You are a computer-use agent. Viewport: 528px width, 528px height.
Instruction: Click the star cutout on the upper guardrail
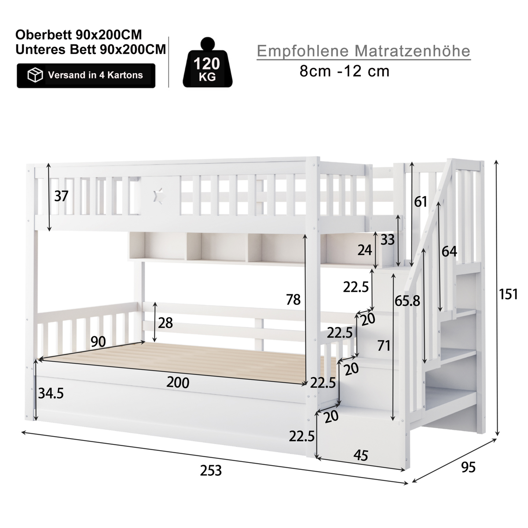click(159, 196)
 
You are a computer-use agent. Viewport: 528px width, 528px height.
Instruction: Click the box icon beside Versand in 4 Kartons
click(35, 75)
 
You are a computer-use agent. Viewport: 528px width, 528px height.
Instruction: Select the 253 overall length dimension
click(211, 471)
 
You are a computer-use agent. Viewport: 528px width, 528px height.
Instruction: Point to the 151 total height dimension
click(508, 294)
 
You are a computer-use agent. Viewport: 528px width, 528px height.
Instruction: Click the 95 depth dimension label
click(468, 467)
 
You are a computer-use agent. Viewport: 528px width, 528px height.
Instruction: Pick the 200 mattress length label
click(178, 382)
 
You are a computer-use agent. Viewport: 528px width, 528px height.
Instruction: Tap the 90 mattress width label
click(98, 341)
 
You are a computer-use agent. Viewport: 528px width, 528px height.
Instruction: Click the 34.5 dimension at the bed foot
click(51, 393)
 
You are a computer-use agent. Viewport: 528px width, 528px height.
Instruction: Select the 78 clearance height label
click(293, 300)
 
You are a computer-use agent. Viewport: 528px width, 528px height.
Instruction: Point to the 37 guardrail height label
click(61, 196)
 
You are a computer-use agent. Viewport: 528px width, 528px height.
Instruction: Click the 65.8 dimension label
click(407, 301)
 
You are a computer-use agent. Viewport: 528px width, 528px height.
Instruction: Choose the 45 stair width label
click(361, 456)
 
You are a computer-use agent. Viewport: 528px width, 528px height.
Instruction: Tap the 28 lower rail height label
click(165, 323)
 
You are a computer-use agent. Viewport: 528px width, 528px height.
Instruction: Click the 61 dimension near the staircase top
click(421, 202)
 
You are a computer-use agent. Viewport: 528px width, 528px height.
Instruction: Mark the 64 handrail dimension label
click(449, 252)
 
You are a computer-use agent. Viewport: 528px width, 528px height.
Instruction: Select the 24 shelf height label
click(365, 250)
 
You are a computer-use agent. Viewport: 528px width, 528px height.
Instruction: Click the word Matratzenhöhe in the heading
click(412, 51)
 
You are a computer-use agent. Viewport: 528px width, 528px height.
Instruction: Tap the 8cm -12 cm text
click(344, 71)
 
